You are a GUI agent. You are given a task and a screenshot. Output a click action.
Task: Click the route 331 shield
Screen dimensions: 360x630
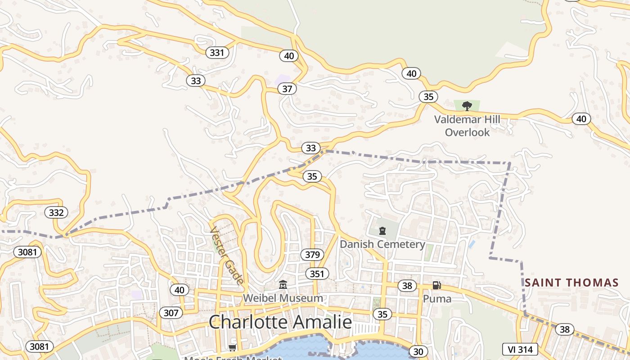click(x=217, y=53)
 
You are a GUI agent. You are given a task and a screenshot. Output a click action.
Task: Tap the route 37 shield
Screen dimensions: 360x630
click(x=287, y=89)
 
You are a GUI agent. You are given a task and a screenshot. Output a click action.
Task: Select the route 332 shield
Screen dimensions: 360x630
click(x=56, y=212)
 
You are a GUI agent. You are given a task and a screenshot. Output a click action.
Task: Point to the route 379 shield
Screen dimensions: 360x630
click(x=312, y=255)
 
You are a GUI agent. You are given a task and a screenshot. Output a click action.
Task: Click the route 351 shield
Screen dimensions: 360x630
click(x=317, y=274)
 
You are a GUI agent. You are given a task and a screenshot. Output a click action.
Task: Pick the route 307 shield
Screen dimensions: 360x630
click(x=171, y=313)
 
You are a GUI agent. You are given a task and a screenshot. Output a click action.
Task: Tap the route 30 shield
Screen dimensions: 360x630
click(x=418, y=351)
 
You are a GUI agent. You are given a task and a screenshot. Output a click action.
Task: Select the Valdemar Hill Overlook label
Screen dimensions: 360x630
click(x=467, y=126)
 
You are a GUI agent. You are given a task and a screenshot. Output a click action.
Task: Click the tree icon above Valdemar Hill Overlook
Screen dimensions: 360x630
click(x=467, y=106)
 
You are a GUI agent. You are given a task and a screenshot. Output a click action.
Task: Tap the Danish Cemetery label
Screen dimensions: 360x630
click(x=382, y=244)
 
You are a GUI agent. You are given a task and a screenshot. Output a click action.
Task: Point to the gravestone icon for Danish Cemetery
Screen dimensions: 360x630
click(x=382, y=231)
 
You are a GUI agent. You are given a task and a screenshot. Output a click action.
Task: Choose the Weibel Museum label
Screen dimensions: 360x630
click(x=283, y=298)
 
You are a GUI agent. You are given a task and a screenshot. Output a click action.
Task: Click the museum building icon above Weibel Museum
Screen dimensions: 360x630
click(x=283, y=284)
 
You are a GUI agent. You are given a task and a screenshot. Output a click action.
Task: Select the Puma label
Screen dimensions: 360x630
click(x=436, y=298)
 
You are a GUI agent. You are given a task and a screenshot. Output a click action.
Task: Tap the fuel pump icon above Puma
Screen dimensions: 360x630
click(x=436, y=285)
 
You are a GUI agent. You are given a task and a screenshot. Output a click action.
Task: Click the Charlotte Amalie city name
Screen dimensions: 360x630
click(x=280, y=322)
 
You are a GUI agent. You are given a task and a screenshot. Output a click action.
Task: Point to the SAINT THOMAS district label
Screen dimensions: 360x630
click(x=571, y=283)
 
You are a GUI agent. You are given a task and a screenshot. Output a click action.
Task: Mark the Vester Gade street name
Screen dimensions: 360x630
click(x=227, y=255)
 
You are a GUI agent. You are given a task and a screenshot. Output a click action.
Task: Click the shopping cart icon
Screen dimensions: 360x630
click(x=233, y=347)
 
